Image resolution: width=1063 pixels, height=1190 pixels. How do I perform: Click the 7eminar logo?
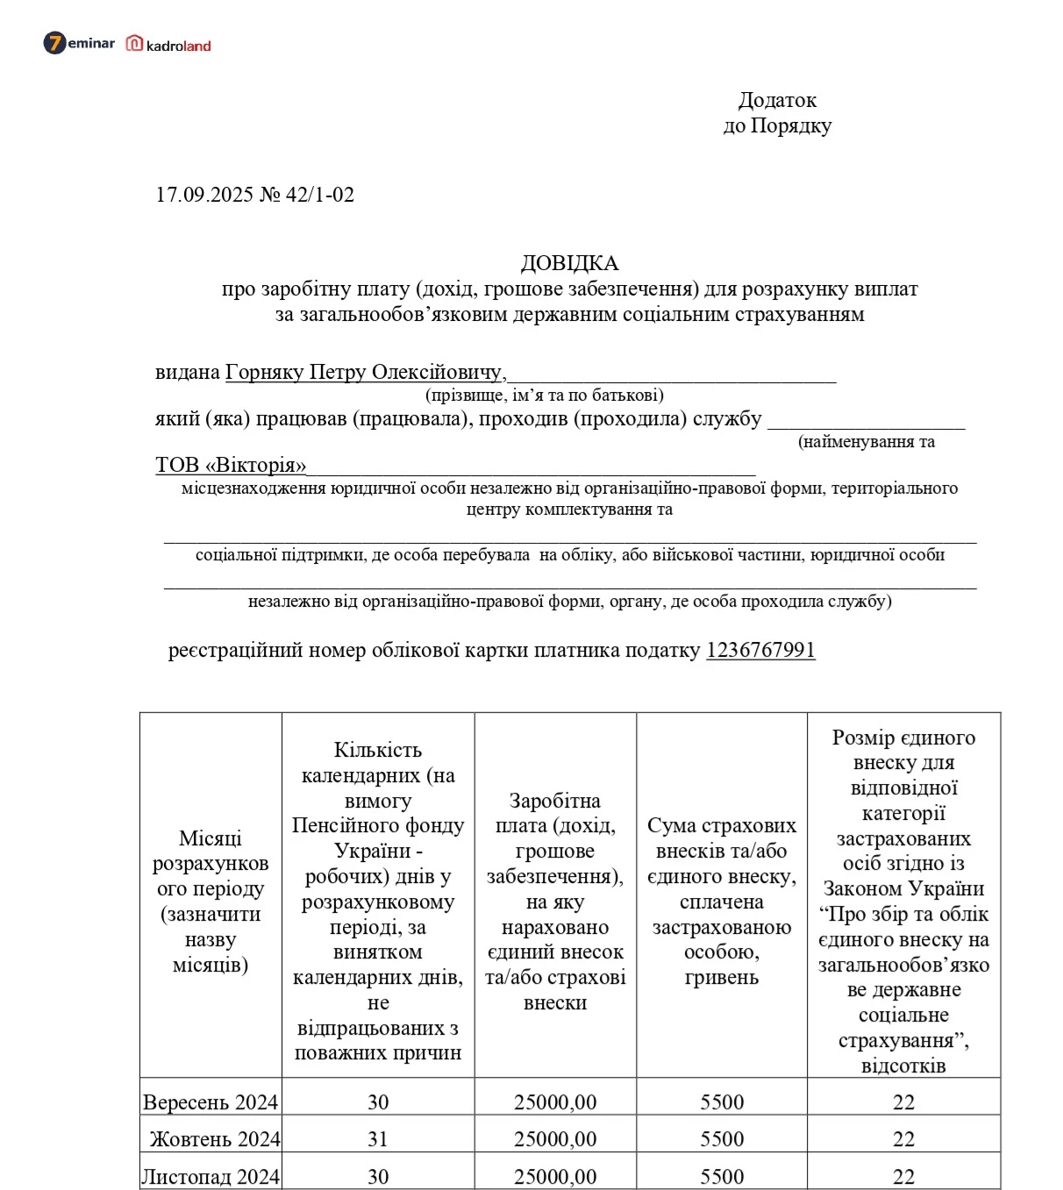click(x=79, y=43)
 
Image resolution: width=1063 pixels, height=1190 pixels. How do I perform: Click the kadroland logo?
click(x=169, y=44)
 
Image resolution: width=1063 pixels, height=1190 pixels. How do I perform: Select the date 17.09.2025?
click(x=204, y=195)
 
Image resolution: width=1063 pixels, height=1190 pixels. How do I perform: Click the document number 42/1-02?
click(x=320, y=195)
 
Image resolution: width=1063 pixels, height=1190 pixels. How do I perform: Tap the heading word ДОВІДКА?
click(x=569, y=263)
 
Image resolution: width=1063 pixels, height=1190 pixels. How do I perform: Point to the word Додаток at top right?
click(x=777, y=100)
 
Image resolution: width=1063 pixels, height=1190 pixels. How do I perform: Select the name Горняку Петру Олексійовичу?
click(x=365, y=372)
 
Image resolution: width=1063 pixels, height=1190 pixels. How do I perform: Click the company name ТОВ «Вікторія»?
click(x=231, y=465)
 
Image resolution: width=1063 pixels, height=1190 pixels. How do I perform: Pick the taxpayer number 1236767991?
click(x=760, y=650)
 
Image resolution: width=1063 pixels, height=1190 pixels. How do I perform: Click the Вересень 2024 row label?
click(x=210, y=1102)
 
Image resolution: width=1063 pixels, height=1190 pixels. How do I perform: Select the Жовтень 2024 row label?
click(x=215, y=1139)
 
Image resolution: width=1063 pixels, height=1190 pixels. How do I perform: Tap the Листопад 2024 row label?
click(x=210, y=1176)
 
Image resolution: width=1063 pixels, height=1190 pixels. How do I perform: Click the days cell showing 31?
click(x=378, y=1139)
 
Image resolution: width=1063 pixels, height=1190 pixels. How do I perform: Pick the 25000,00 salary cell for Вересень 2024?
click(x=555, y=1102)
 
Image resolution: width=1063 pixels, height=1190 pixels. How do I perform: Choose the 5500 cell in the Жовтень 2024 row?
click(x=722, y=1139)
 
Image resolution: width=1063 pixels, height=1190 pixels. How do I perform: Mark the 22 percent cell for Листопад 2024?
click(x=903, y=1176)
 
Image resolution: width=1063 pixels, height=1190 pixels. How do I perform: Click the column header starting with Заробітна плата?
click(x=555, y=901)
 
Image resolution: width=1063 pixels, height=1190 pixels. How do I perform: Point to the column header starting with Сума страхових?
click(x=722, y=901)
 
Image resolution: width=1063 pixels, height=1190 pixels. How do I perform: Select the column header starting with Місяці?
click(x=210, y=901)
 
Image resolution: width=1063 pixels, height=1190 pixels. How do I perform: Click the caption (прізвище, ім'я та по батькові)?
click(x=544, y=395)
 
